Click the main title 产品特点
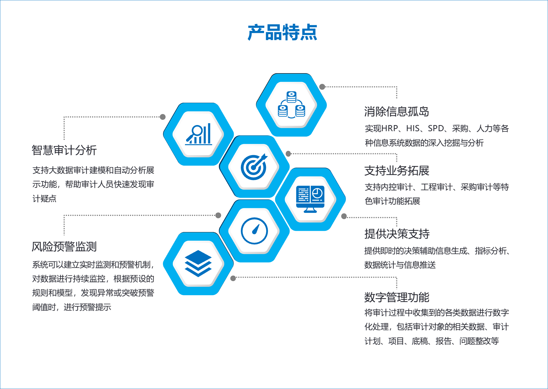click(x=282, y=32)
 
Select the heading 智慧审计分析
click(x=64, y=150)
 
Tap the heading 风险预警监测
click(x=64, y=247)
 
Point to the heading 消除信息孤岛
click(x=396, y=112)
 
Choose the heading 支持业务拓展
click(x=396, y=171)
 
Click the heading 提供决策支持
click(x=397, y=234)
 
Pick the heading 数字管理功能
click(x=396, y=297)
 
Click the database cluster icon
click(x=291, y=105)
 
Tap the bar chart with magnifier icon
click(x=199, y=134)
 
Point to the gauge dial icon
click(x=254, y=231)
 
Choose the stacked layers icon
click(x=198, y=263)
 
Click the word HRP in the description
click(x=390, y=128)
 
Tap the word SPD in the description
click(x=436, y=128)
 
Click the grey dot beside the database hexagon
click(x=322, y=87)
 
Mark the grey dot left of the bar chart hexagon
click(x=163, y=117)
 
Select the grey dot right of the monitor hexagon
click(x=344, y=216)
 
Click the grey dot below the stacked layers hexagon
click(x=233, y=278)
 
